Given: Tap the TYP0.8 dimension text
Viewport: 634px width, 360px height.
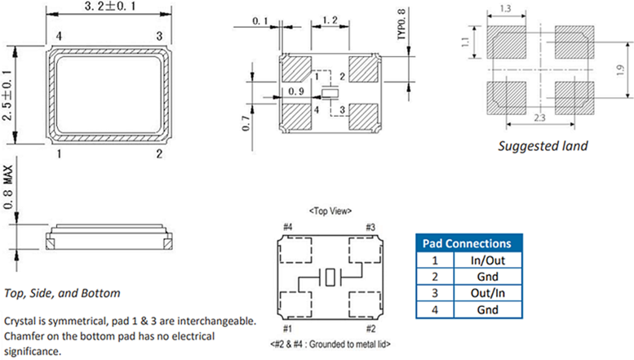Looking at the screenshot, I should click(401, 24).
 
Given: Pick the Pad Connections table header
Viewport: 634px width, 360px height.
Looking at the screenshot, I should click(468, 243).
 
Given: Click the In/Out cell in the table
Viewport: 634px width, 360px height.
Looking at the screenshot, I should click(487, 260).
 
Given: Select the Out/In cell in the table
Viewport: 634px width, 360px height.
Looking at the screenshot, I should click(487, 292).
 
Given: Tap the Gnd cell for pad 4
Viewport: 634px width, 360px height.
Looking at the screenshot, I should click(487, 309).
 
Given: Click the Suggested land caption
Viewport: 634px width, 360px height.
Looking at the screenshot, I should click(543, 146).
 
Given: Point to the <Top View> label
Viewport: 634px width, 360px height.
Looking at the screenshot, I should click(330, 211).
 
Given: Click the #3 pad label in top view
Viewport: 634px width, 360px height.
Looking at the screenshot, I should click(370, 226).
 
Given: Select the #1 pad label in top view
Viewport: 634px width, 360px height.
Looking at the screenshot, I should click(287, 328).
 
